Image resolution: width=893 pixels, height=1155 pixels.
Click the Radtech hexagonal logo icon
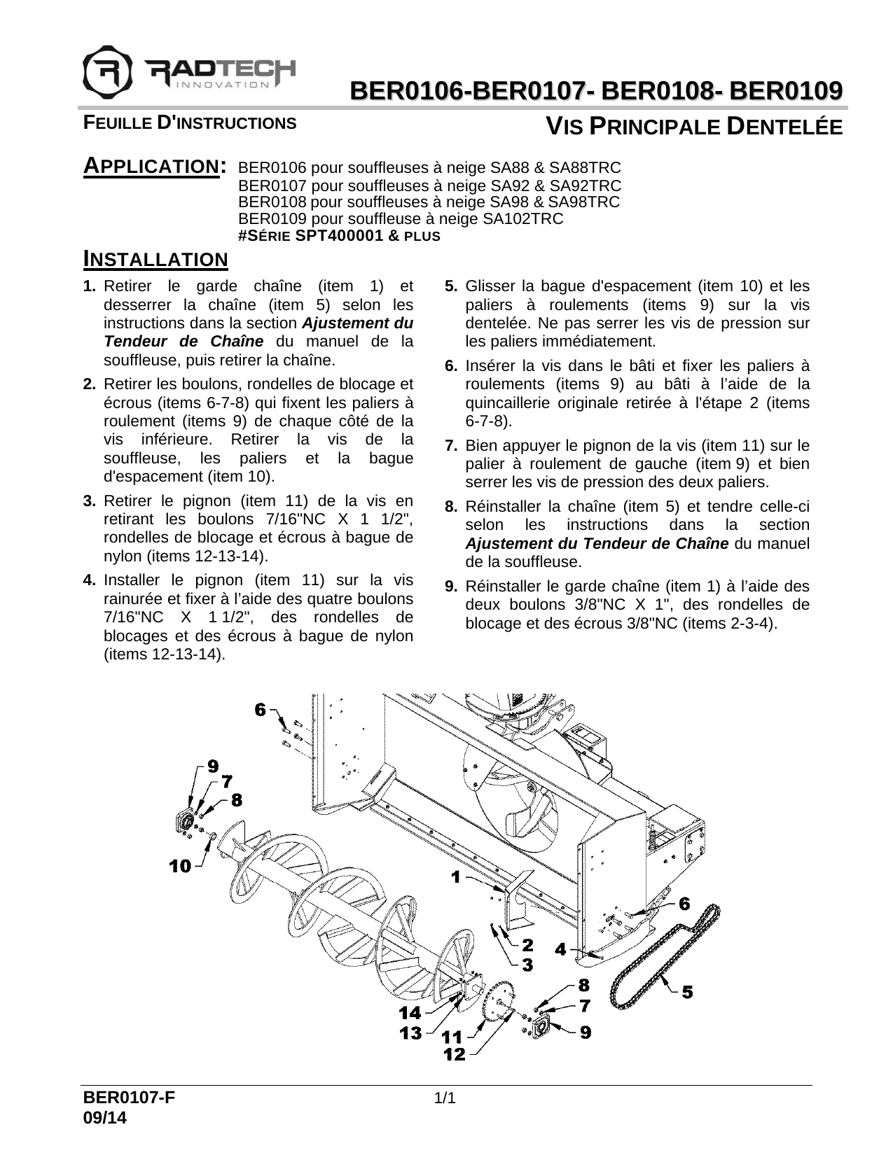pos(106,71)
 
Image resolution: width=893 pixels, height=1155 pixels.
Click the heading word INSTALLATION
pos(155,260)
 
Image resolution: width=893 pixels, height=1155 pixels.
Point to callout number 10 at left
pos(180,867)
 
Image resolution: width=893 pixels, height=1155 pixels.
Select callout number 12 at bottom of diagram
pos(455,1054)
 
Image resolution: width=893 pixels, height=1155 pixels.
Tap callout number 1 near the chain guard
pos(456,876)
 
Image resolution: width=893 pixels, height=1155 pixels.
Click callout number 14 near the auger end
pos(410,1012)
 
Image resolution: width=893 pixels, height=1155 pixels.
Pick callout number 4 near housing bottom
pos(560,950)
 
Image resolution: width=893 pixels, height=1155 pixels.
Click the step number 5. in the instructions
pos(451,286)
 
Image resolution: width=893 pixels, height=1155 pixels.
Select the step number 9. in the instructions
pos(451,586)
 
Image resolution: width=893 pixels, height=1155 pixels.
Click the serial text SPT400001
pos(340,236)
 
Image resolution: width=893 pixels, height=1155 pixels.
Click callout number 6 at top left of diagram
pos(261,710)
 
